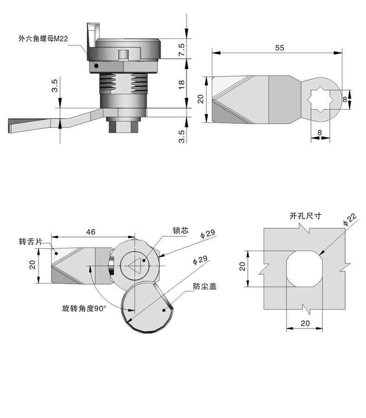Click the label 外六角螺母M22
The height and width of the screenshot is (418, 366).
tap(44, 39)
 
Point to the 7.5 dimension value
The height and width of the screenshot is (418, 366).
tap(182, 48)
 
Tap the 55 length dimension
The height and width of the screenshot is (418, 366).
tap(279, 47)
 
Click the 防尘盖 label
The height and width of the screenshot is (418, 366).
tap(205, 286)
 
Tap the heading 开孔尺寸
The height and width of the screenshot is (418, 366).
tap(305, 216)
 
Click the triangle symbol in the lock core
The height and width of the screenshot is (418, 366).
tap(134, 267)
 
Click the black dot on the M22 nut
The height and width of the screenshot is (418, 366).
tap(96, 65)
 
